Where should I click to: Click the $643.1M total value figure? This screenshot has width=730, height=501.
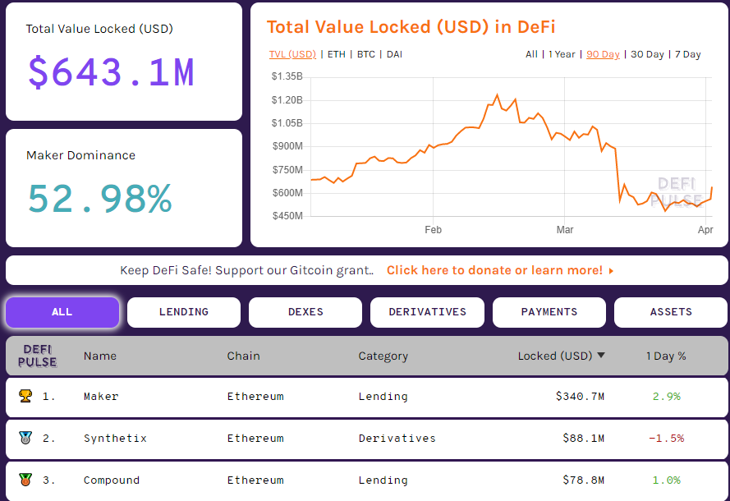pos(111,72)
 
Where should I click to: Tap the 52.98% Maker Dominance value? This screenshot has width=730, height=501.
pos(99,199)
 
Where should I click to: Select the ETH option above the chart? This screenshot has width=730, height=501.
pos(337,54)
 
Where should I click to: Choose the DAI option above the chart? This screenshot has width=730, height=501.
pos(394,54)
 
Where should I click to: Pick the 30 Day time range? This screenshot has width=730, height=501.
pos(647,54)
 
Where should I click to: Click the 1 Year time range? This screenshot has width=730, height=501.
pos(562,54)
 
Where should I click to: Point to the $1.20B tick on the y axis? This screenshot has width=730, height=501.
pos(287,100)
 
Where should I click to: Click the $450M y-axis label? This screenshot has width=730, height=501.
pos(287,216)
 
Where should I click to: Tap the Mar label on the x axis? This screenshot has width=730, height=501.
pos(565,230)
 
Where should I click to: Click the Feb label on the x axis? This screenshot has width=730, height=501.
pos(434,230)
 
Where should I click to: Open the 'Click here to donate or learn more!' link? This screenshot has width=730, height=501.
pos(499,270)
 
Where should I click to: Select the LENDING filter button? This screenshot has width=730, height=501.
pos(184,312)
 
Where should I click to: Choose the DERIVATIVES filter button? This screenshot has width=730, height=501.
pos(427,312)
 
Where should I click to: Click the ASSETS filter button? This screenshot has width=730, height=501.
pos(671,312)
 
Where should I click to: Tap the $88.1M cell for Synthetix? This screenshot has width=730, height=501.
pos(583,439)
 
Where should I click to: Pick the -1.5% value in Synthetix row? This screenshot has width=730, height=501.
pos(666,439)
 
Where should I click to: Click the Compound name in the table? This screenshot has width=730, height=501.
pos(112,480)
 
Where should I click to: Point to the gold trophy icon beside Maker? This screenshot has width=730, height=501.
pos(25,396)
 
